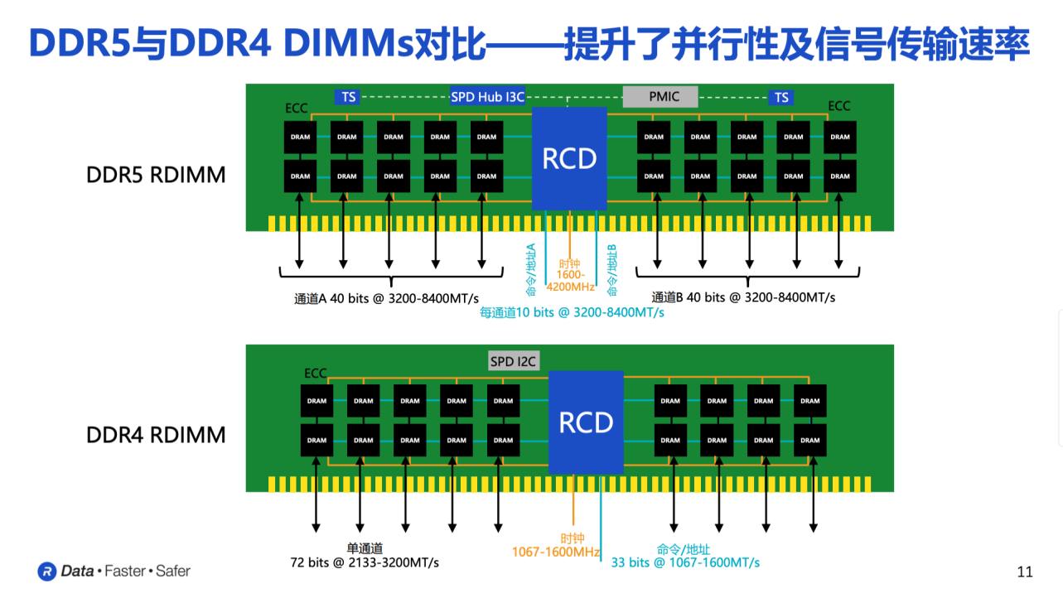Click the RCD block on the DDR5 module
[x=568, y=158]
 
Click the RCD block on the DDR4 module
[x=585, y=422]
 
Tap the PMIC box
[x=661, y=96]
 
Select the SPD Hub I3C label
[x=487, y=97]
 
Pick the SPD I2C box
[x=514, y=361]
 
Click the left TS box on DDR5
[x=348, y=97]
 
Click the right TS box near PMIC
[x=780, y=98]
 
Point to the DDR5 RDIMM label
[x=156, y=176]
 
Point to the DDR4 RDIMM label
[x=156, y=435]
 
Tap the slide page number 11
[x=1024, y=571]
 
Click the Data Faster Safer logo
[x=114, y=571]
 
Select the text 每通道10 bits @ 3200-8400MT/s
[x=572, y=313]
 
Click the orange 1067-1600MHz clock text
[x=555, y=552]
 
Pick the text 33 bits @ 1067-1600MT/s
[x=685, y=562]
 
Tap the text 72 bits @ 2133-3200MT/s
[x=365, y=562]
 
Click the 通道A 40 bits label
[x=386, y=297]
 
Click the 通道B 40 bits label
[x=743, y=297]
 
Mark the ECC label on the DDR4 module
[x=315, y=374]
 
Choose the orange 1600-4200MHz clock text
[x=570, y=281]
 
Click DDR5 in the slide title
[x=79, y=43]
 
